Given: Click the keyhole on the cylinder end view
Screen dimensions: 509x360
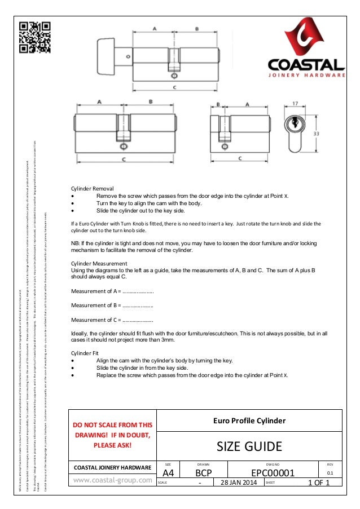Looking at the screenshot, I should [x=295, y=123].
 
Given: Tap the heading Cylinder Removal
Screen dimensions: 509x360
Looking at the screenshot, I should [x=93, y=188].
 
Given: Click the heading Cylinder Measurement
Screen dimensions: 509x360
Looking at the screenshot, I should [x=99, y=263].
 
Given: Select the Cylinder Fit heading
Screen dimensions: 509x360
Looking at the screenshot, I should [x=85, y=352].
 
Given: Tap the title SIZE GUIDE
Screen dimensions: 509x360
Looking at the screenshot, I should [x=249, y=446].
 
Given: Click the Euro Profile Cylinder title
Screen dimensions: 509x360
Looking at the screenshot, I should [x=249, y=421].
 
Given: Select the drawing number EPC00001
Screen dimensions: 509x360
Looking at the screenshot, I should [x=273, y=472].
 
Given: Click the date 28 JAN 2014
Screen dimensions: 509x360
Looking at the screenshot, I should [x=238, y=483].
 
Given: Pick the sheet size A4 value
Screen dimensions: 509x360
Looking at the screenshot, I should [x=168, y=473].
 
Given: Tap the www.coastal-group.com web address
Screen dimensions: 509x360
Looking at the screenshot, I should [x=109, y=480].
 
